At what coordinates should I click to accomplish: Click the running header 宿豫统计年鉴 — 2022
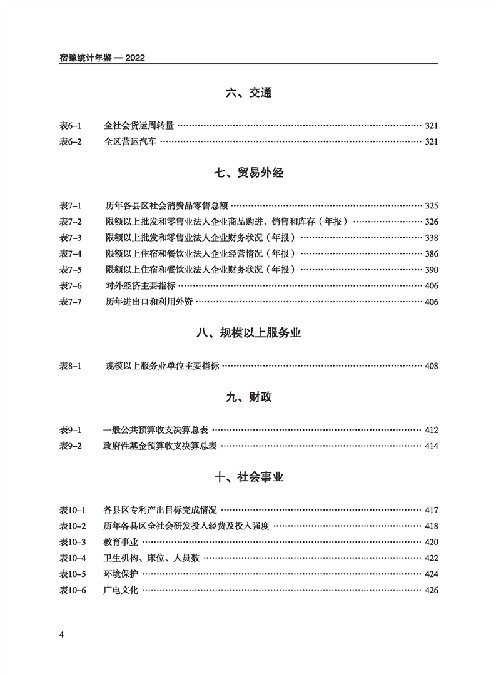101,59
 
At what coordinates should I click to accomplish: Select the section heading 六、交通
248,94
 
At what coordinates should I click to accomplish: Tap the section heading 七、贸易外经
248,173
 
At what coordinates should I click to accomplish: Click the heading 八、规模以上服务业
248,334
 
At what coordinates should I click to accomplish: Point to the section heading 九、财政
248,397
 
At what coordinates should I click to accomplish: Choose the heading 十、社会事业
248,477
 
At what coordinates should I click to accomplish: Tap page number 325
432,206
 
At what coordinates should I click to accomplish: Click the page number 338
432,238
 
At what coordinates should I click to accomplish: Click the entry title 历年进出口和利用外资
149,302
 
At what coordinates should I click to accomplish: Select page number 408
432,366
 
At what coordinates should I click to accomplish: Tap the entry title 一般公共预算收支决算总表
156,430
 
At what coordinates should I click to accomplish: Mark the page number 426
432,590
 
